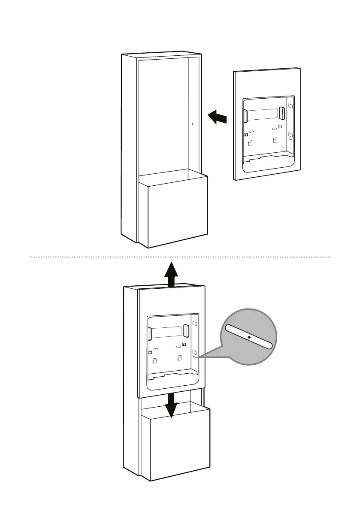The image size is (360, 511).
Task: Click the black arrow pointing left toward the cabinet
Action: pyautogui.click(x=217, y=117)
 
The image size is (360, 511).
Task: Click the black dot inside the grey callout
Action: pyautogui.click(x=249, y=337)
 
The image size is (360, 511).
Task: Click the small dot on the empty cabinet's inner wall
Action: pyautogui.click(x=192, y=124)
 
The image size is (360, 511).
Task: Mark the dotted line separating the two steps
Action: pyautogui.click(x=180, y=257)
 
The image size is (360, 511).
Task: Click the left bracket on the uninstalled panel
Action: pyautogui.click(x=245, y=116)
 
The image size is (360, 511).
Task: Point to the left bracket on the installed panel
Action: pyautogui.click(x=149, y=334)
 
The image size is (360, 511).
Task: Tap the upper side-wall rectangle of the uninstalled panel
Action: pyautogui.click(x=290, y=106)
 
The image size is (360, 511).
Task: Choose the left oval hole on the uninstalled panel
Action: pyautogui.click(x=251, y=132)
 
